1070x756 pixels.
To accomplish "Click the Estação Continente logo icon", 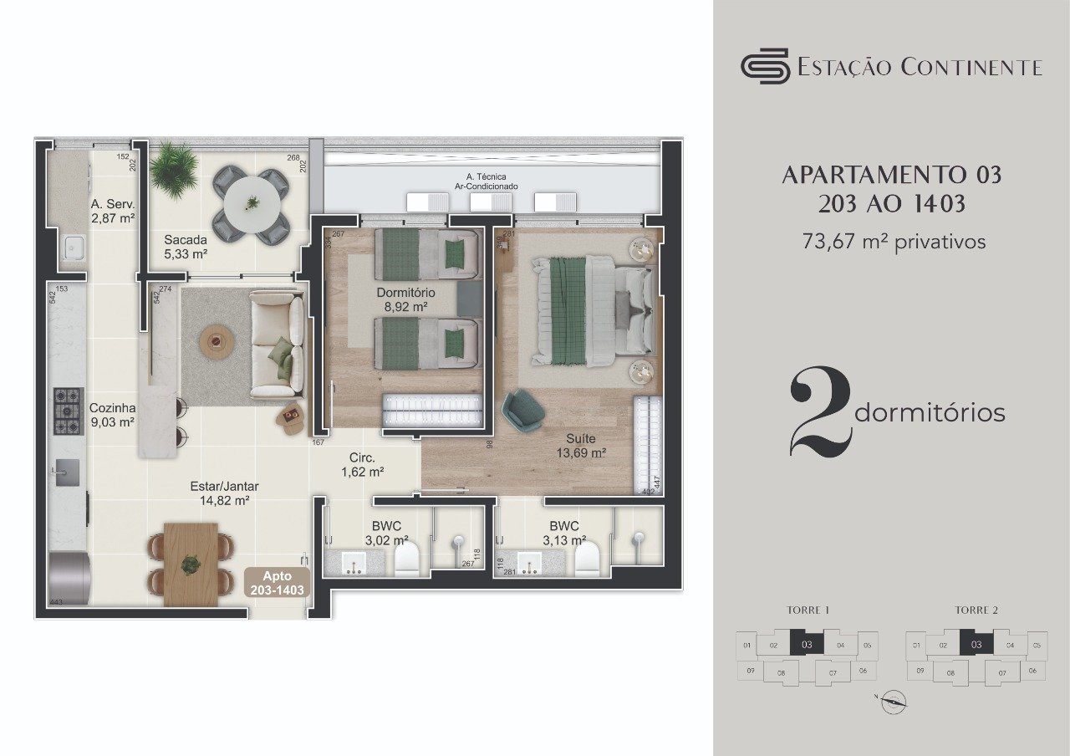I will (x=765, y=66).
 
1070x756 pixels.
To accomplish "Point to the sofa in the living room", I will (x=277, y=345).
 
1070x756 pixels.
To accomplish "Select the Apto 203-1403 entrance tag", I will (x=278, y=583).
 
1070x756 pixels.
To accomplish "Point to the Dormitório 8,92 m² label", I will (x=405, y=300).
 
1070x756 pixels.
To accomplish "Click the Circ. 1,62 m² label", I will (x=362, y=465).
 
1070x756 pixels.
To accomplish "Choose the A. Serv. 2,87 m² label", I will (x=113, y=211).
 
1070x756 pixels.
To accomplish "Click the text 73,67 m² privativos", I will (x=894, y=242).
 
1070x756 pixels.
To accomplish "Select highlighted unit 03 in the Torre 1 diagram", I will (x=807, y=644).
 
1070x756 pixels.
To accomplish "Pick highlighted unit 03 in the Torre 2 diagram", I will (x=976, y=644).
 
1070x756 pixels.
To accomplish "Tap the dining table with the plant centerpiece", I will (x=191, y=563).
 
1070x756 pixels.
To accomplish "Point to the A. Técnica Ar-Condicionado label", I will (x=486, y=181).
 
